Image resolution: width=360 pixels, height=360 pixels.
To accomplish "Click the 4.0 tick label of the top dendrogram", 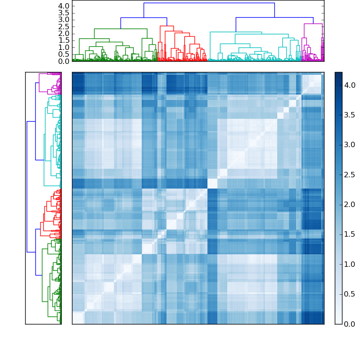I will click(64, 6).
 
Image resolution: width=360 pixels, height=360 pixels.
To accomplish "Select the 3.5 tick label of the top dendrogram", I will click(64, 13).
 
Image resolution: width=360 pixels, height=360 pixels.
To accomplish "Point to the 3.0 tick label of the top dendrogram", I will click(64, 20).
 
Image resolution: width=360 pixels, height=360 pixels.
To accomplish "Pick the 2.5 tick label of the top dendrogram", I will click(64, 27).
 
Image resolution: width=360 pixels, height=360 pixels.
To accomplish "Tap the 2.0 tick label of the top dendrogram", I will click(64, 34).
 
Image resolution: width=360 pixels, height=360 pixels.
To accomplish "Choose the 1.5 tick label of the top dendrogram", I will click(64, 40).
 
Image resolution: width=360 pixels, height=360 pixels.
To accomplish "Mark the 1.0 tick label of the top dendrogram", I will click(64, 47).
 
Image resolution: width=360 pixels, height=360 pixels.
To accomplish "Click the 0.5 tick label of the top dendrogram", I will click(64, 54).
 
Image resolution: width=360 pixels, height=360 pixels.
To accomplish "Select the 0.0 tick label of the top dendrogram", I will click(64, 61).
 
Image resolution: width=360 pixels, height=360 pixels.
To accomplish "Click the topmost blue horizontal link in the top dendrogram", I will click(209, 3).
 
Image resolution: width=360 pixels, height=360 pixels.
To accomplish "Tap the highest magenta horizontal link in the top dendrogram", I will click(313, 23).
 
